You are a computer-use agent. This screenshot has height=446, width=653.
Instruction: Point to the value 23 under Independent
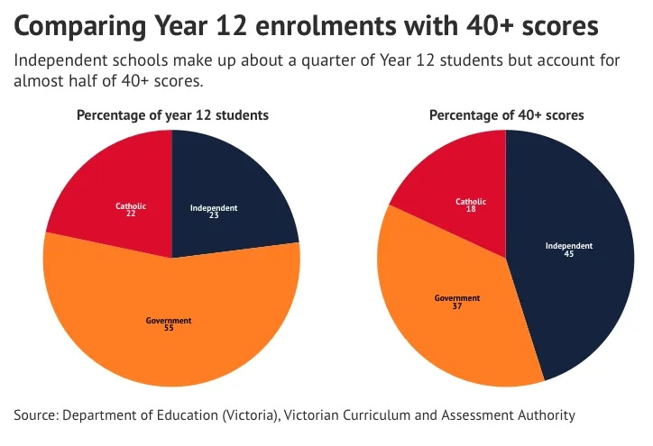(x=214, y=215)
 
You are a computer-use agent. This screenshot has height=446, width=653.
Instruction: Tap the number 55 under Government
(x=169, y=328)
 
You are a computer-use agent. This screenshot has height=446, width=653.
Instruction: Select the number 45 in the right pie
(x=569, y=253)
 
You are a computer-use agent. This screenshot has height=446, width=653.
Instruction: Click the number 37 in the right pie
(x=457, y=305)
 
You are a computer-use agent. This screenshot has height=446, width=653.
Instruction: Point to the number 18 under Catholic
(x=471, y=209)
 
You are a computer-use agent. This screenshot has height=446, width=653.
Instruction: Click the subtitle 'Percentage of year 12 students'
(x=172, y=115)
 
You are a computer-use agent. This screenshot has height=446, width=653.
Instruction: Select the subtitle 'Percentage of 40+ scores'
(x=506, y=115)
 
